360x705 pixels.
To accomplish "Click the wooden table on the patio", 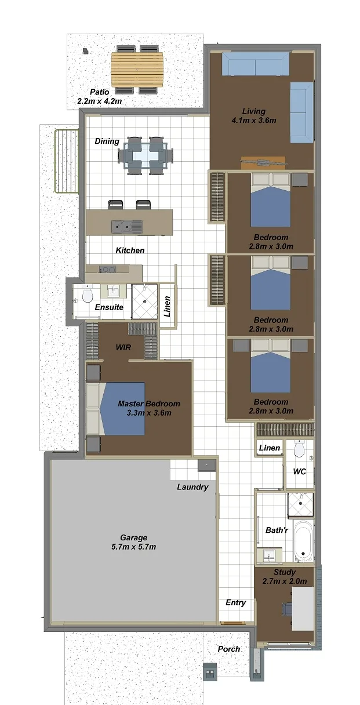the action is click(137, 70).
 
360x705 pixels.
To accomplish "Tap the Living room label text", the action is click(254, 111).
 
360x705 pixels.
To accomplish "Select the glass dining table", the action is click(146, 155).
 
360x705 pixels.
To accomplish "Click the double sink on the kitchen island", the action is click(127, 226).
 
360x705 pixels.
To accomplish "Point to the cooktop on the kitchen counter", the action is click(108, 270).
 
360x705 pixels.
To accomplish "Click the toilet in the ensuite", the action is click(87, 295).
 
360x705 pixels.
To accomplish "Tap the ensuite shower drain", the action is click(145, 301).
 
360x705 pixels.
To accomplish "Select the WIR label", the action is click(123, 347).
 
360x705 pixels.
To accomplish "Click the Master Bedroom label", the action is click(149, 404).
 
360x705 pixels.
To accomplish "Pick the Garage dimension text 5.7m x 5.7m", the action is click(133, 547).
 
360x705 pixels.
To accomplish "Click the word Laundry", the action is click(192, 487).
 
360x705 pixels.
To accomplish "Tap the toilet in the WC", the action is click(299, 449).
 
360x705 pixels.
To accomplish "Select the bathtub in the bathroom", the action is click(303, 542).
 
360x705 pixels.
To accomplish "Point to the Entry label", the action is click(236, 603).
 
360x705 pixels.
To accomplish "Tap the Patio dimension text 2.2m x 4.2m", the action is click(100, 101).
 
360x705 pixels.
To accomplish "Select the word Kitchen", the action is click(130, 250).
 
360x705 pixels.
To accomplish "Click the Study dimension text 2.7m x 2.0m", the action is click(285, 581).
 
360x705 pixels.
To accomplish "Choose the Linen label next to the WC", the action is click(270, 448).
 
